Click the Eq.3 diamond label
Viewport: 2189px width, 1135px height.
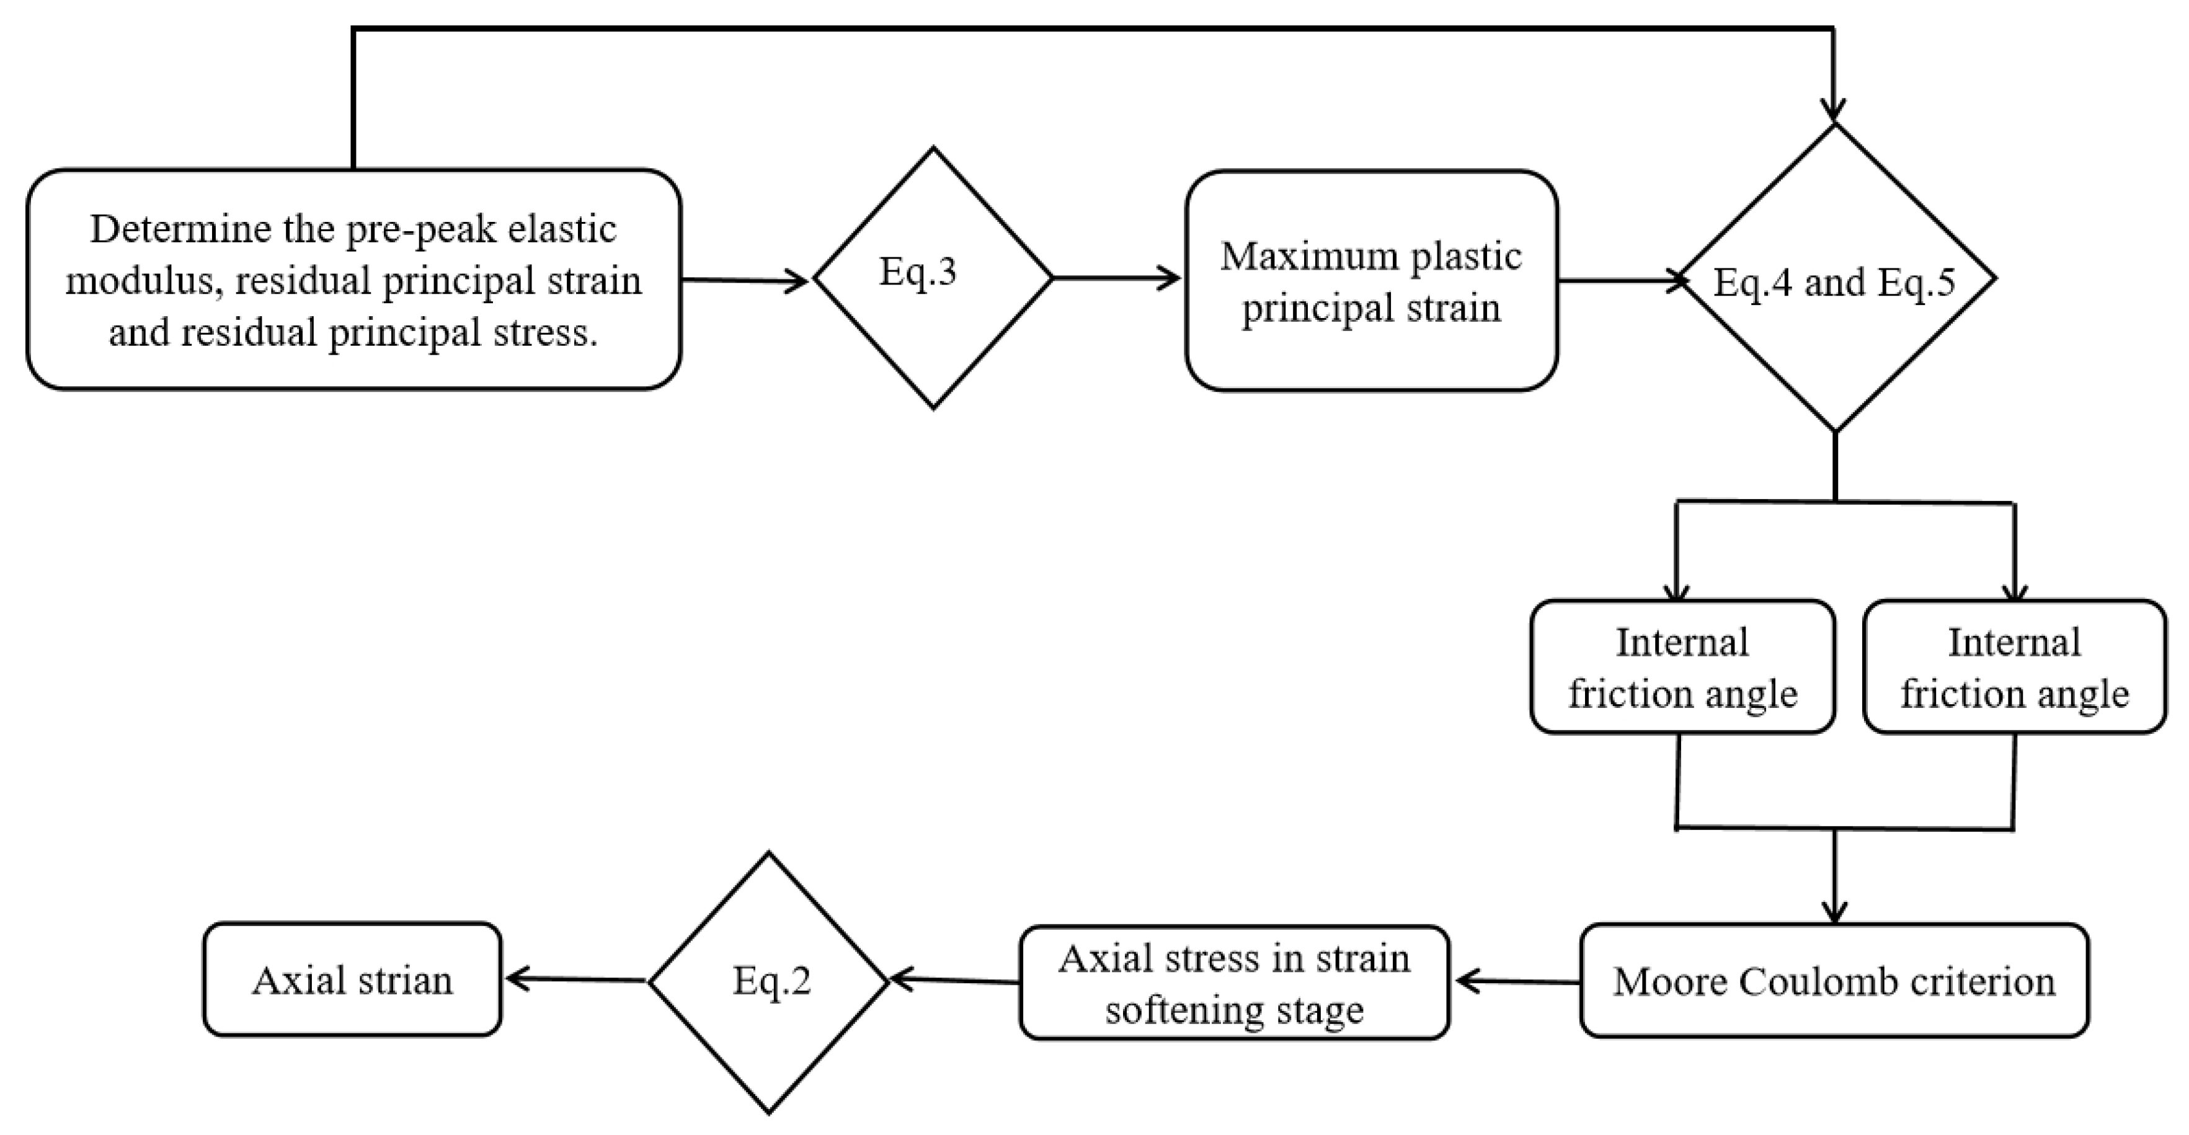coord(918,272)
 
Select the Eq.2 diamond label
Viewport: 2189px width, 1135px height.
coord(771,981)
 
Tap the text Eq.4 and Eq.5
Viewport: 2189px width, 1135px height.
coord(1834,283)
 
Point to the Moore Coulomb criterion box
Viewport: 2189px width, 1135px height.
coord(1834,982)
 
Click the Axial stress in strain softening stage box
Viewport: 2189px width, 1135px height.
coord(1234,984)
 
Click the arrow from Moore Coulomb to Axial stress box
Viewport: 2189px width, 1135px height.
coord(1517,982)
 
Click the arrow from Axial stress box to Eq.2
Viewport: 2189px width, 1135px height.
coord(954,981)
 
